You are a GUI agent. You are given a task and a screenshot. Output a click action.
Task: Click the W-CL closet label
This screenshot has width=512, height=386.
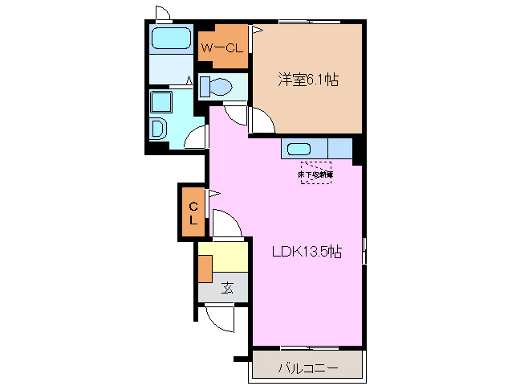221,49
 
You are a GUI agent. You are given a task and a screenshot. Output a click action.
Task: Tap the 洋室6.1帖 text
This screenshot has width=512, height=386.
307,80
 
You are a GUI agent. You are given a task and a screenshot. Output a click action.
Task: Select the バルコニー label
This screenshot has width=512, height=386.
308,368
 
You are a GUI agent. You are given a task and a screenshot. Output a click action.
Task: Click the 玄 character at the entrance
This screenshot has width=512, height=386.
227,287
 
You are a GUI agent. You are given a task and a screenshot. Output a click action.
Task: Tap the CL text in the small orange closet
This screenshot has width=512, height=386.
193,212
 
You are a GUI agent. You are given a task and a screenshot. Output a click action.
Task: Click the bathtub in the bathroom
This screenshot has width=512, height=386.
170,39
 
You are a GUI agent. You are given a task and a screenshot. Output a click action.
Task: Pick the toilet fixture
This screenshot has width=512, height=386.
215,85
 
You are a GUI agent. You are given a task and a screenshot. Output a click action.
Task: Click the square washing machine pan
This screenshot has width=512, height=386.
161,101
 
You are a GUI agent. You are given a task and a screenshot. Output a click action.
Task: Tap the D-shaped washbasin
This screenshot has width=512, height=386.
157,128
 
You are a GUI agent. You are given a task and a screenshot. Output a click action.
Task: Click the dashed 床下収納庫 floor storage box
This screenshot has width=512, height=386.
316,173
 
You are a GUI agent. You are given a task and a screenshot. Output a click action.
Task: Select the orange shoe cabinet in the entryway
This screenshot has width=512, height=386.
206,267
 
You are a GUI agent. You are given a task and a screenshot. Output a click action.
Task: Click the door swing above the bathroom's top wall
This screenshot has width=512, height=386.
162,13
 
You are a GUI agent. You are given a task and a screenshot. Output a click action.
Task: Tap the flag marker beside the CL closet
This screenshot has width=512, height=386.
213,193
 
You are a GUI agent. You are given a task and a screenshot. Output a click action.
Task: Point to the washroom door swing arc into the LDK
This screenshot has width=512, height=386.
195,137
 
